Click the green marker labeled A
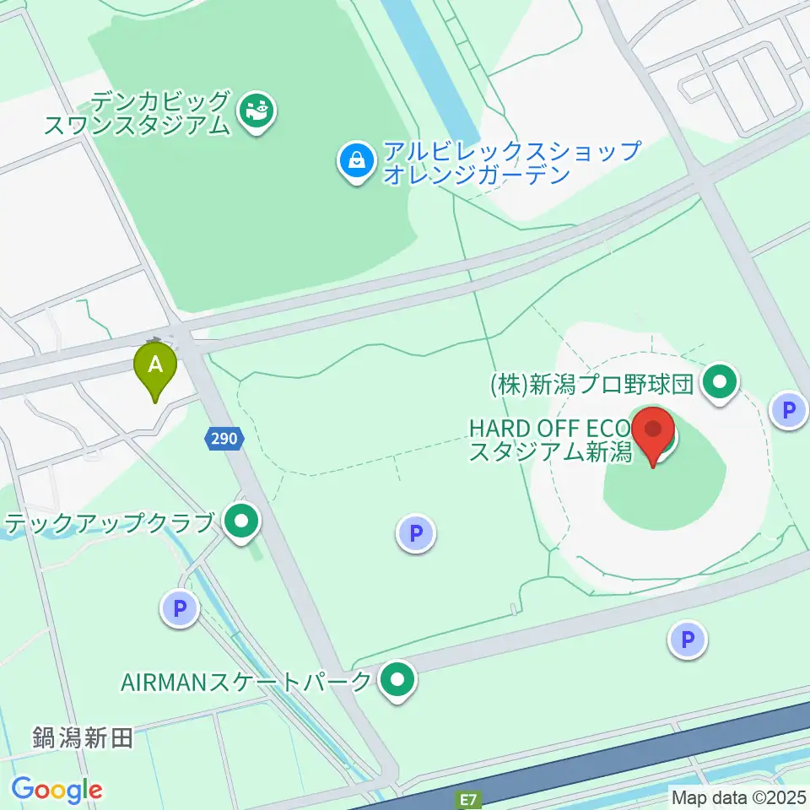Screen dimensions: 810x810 click(155, 366)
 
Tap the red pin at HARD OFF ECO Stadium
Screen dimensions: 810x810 click(653, 431)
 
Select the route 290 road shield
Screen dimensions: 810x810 click(224, 438)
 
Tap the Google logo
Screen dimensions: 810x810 click(57, 790)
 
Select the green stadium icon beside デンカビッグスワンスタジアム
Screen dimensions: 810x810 click(256, 111)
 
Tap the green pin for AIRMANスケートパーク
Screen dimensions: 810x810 click(396, 679)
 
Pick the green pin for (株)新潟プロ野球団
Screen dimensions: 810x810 click(720, 384)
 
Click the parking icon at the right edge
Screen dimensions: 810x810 click(789, 412)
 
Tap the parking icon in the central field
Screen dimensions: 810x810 click(415, 533)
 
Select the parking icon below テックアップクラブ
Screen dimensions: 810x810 click(180, 608)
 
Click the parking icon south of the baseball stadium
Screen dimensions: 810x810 click(688, 640)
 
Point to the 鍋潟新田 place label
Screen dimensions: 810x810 click(83, 739)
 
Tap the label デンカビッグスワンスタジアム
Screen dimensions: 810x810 click(137, 114)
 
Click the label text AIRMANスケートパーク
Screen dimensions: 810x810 click(246, 682)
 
